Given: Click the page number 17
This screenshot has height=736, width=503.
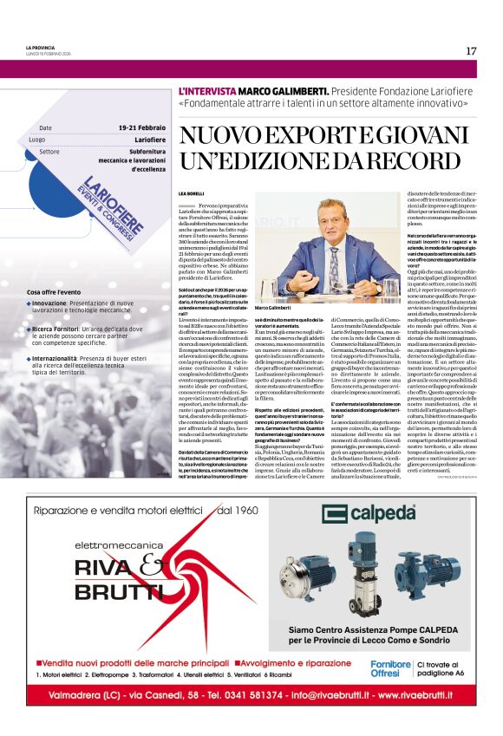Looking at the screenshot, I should (x=471, y=50).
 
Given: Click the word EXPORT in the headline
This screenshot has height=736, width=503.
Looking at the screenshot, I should (x=300, y=136).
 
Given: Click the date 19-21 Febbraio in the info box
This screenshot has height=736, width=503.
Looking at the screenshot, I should (x=140, y=128).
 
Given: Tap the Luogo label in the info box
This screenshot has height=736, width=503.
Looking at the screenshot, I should (x=37, y=140).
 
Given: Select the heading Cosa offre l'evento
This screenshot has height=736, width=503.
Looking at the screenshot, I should (x=54, y=292).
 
